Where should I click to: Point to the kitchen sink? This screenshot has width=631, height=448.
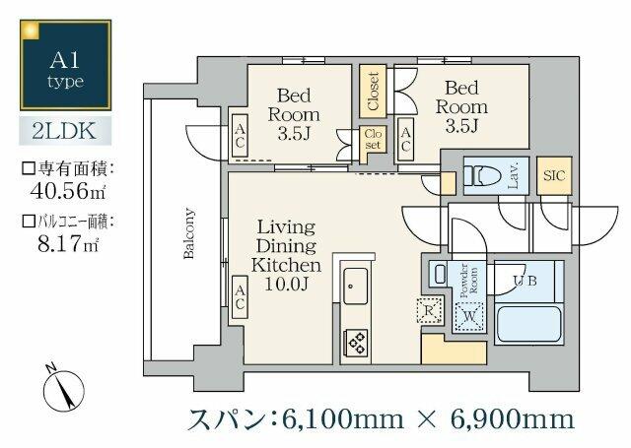355,288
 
